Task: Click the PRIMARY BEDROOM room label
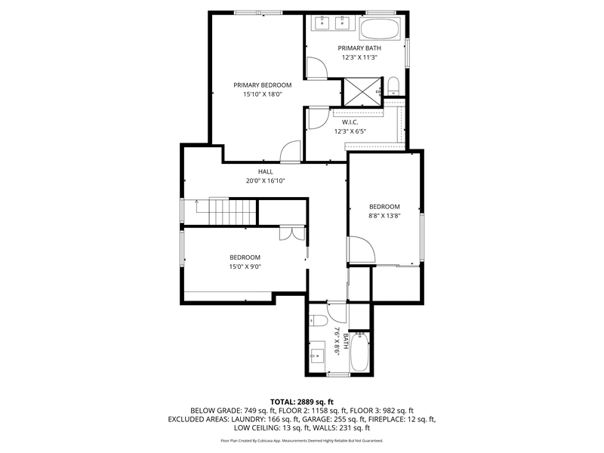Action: pos(262,85)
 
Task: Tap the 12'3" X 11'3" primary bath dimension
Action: pos(359,57)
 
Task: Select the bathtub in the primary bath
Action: pos(380,28)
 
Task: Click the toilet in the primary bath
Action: pos(393,85)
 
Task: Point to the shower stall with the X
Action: pos(362,91)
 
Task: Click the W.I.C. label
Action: pos(350,122)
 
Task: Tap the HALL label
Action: pos(266,172)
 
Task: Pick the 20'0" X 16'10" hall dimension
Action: pos(266,180)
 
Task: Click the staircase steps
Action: pos(233,211)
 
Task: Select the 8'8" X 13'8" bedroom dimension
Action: pos(384,216)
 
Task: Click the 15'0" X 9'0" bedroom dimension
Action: pos(245,267)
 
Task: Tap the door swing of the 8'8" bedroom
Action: pos(362,250)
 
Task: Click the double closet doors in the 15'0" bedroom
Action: pos(292,234)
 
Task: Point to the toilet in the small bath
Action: pos(318,320)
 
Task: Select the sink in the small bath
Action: pos(317,355)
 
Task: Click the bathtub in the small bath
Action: pos(359,352)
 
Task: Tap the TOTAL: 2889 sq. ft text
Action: pos(301,402)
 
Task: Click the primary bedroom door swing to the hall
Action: pos(290,152)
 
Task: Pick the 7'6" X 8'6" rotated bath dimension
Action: pos(337,341)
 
